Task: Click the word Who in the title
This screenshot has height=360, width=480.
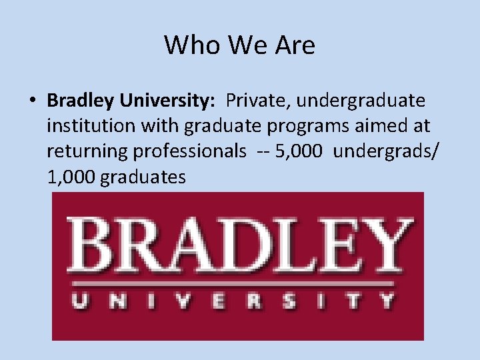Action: point(187,45)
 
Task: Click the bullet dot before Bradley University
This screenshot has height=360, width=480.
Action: point(32,101)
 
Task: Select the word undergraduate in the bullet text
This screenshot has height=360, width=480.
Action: point(360,101)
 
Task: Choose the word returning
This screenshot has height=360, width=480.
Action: point(87,151)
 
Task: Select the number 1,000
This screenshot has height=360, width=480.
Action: point(71,177)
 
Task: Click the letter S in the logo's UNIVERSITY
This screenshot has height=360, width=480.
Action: point(289,301)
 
